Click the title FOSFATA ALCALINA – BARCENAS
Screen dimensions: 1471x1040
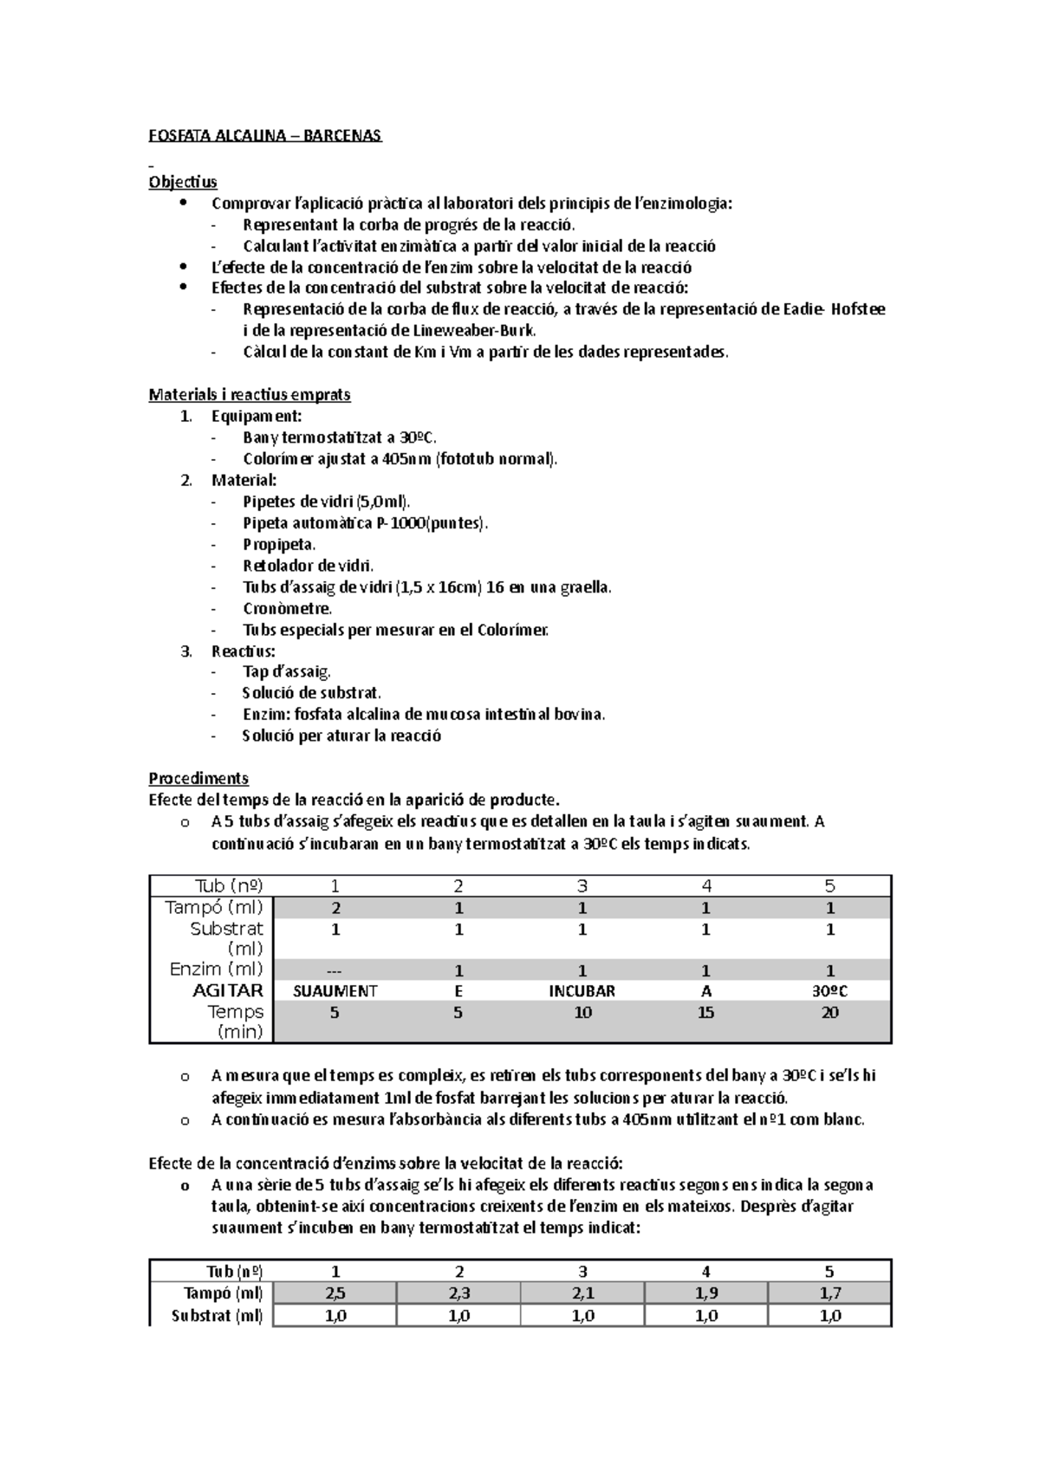264,136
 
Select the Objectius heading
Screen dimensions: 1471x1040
183,182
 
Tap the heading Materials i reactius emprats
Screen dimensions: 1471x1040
250,395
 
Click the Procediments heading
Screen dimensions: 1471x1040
198,778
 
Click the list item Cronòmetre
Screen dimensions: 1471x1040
287,608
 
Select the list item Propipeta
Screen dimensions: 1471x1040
279,544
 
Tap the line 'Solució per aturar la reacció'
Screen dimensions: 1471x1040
341,735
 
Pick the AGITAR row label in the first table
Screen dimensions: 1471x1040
228,991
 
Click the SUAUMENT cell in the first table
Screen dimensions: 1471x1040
335,991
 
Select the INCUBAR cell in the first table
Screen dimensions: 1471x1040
582,991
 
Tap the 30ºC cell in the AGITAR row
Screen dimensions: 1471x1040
829,991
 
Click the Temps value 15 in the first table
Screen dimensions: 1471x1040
705,1013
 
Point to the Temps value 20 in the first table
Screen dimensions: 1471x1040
829,1013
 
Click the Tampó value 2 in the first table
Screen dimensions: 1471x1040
335,909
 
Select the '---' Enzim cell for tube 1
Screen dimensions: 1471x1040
335,970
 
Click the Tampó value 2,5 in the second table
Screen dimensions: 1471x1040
335,1293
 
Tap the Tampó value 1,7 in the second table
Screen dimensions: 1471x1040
829,1293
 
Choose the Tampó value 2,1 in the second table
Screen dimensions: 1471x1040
582,1293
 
